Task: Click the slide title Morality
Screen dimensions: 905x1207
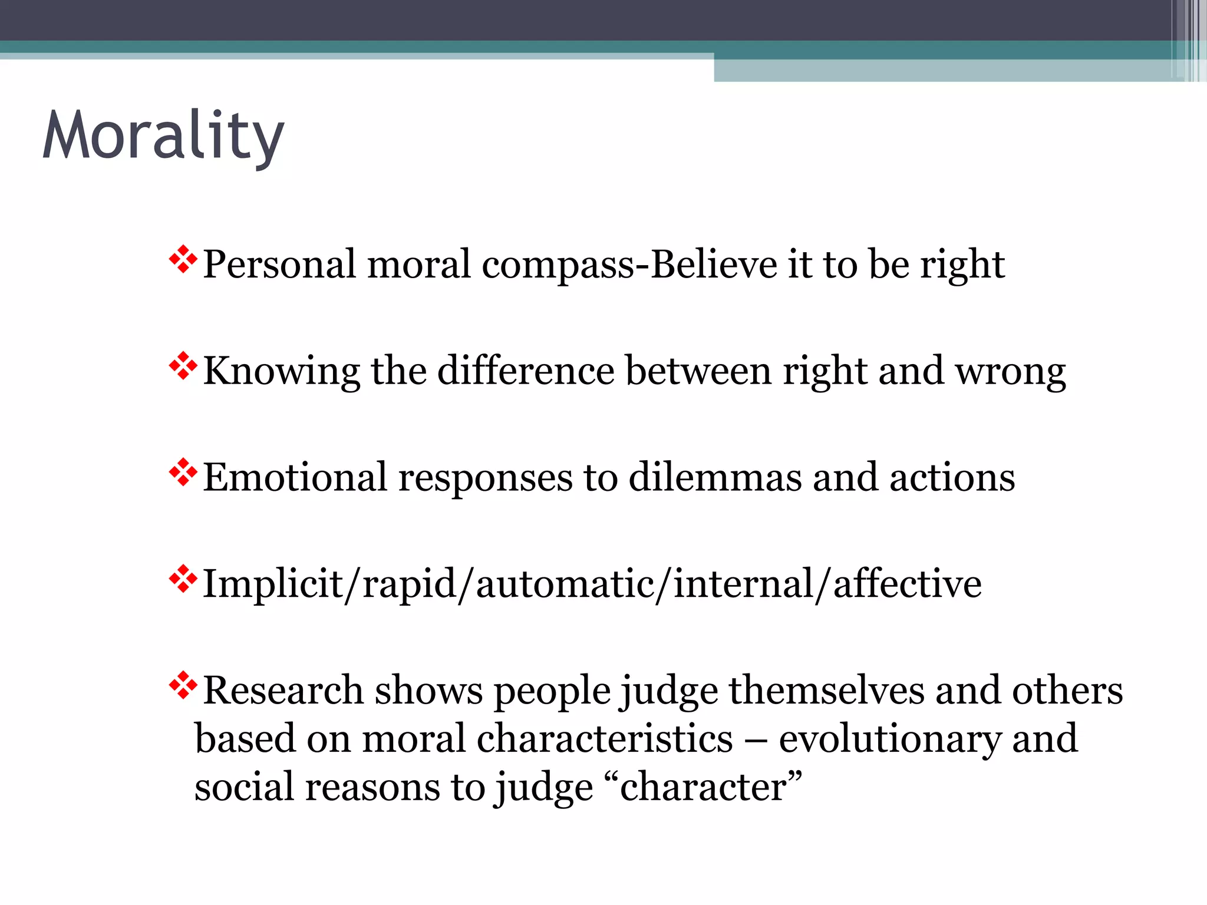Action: [x=163, y=137]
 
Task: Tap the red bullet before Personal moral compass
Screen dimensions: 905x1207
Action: [x=183, y=259]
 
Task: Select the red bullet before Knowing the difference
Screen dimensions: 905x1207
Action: [x=183, y=366]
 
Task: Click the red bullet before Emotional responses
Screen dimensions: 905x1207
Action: [x=183, y=472]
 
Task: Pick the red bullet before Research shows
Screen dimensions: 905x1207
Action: [x=183, y=685]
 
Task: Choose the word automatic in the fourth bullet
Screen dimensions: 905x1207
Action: [x=565, y=584]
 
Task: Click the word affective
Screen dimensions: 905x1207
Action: [x=907, y=584]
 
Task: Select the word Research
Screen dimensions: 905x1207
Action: [x=283, y=691]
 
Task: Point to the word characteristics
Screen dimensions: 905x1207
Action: [x=605, y=739]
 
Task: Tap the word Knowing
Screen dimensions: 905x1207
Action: [x=281, y=372]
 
